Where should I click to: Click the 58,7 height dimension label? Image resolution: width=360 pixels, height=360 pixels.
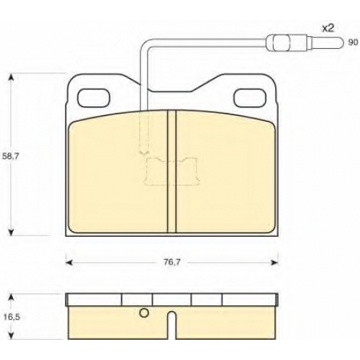pyautogui.click(x=9, y=156)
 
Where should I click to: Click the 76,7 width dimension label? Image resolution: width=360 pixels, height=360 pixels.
pyautogui.click(x=172, y=262)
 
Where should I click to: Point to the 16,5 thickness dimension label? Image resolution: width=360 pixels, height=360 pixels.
pyautogui.click(x=12, y=317)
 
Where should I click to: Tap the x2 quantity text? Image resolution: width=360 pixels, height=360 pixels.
pyautogui.click(x=328, y=29)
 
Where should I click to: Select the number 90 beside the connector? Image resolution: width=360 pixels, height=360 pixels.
pyautogui.click(x=353, y=42)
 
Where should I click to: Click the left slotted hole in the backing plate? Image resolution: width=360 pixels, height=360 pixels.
pyautogui.click(x=94, y=98)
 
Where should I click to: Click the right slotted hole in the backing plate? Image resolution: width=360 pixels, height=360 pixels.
pyautogui.click(x=251, y=98)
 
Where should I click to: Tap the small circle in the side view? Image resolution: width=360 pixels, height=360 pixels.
pyautogui.click(x=144, y=312)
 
